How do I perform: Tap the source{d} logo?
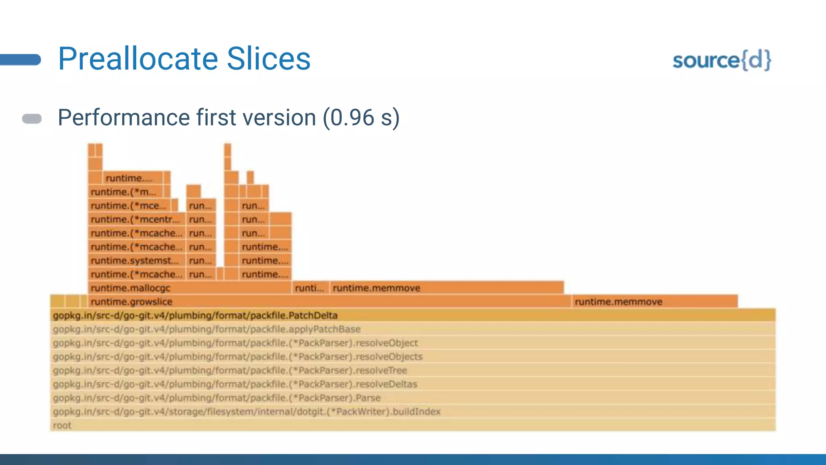[x=722, y=61]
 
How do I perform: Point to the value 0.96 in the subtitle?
[x=352, y=118]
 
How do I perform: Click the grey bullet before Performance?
[x=32, y=119]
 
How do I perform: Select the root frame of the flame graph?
[x=62, y=425]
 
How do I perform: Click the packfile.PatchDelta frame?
[x=195, y=315]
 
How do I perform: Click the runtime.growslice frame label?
[x=131, y=302]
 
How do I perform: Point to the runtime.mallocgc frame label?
[x=131, y=288]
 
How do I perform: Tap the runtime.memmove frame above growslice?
[x=376, y=288]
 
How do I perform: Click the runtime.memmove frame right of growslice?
[x=618, y=302]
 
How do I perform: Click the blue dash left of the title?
[x=20, y=60]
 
